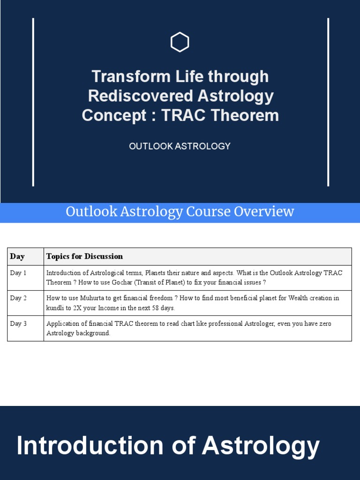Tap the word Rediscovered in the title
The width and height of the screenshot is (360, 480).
pos(141,96)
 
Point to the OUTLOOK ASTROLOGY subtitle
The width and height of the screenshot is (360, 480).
pos(180,146)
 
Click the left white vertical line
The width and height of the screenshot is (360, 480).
pos(33,102)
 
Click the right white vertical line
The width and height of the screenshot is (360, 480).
pos(328,102)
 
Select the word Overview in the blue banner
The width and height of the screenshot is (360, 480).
pos(264,211)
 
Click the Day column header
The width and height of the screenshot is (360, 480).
pos(17,256)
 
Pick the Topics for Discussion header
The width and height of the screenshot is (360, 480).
pos(84,256)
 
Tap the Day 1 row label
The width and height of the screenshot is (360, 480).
pos(18,273)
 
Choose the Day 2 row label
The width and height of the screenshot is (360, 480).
pos(18,298)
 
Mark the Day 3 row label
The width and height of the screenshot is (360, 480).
pos(18,323)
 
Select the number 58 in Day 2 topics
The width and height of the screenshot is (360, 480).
pos(156,308)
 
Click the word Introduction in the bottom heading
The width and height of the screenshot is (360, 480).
pos(90,446)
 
